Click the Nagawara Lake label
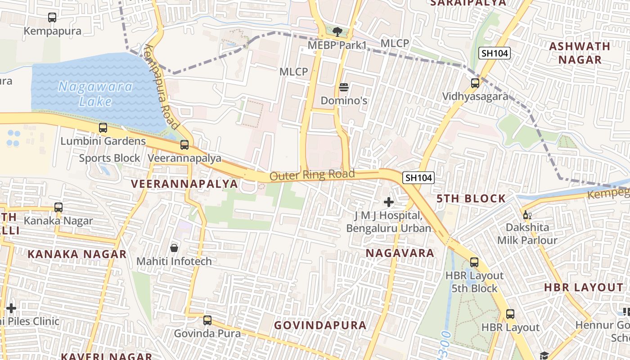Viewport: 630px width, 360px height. (95, 94)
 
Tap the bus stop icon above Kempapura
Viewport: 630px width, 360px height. (52, 18)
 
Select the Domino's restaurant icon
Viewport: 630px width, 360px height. (344, 87)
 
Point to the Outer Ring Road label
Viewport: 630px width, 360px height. (312, 175)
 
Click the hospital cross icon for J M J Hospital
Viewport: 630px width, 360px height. (388, 202)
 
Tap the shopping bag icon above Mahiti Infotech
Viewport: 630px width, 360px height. (174, 248)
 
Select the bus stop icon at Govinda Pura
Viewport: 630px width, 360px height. (207, 320)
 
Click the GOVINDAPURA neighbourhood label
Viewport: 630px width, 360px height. (320, 325)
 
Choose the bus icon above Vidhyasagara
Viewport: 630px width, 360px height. (475, 83)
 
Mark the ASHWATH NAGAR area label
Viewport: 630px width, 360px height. (580, 53)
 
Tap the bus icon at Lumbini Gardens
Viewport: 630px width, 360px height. (103, 128)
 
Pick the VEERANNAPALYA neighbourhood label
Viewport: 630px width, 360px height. (184, 184)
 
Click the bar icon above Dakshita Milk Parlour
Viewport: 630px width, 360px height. (526, 215)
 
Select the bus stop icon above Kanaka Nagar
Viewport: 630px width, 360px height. (58, 207)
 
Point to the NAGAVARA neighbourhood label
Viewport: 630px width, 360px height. (400, 253)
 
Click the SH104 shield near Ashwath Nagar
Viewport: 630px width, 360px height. (494, 53)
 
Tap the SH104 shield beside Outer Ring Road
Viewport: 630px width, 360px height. (418, 178)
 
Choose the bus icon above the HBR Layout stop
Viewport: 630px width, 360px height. (510, 314)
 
